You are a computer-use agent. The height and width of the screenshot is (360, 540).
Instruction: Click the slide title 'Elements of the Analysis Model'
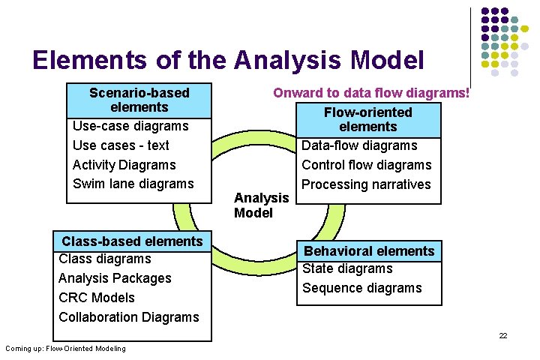[228, 60]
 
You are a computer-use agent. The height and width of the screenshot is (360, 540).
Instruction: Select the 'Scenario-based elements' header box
[139, 100]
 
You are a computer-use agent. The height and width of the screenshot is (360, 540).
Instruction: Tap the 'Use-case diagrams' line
[130, 126]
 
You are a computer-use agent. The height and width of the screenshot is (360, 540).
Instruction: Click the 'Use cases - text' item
[121, 145]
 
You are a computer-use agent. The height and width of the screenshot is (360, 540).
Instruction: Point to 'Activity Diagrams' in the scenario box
[124, 165]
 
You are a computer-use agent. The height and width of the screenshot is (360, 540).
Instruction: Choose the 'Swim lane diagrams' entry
[133, 184]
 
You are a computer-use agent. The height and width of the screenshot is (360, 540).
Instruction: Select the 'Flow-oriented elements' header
[367, 119]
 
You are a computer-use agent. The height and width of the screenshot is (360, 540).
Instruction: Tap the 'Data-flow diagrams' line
[359, 145]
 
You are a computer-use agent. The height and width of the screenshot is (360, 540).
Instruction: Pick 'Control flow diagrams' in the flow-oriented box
[366, 165]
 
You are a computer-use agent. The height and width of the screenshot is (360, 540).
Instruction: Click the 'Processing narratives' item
[366, 184]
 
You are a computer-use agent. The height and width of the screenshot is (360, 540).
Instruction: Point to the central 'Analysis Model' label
[261, 205]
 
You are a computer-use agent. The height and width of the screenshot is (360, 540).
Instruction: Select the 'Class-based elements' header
[132, 241]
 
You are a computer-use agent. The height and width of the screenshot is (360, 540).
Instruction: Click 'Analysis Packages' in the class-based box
[115, 278]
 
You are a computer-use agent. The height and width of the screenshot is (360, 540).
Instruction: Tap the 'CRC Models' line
[97, 298]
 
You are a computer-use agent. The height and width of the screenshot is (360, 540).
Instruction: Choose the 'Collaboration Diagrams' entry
[129, 317]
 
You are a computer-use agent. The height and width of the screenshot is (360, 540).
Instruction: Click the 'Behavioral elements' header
[368, 251]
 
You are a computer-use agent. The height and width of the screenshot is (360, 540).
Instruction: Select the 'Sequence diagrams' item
[361, 288]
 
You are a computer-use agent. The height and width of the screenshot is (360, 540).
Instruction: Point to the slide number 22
[503, 335]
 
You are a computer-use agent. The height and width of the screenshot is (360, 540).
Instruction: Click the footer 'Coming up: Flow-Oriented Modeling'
[65, 348]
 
